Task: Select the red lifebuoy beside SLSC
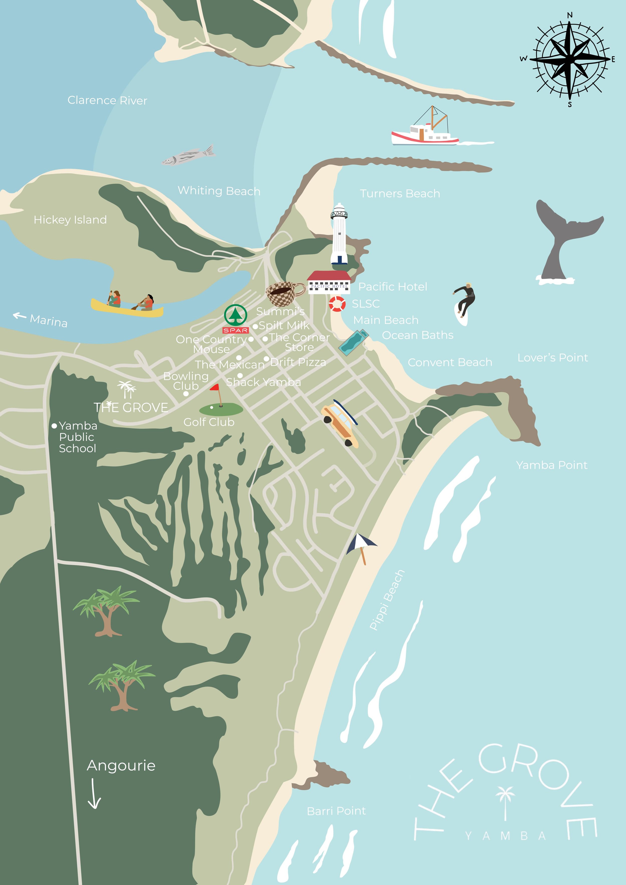click(x=337, y=304)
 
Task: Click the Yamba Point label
click(x=552, y=465)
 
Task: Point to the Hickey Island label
click(x=70, y=220)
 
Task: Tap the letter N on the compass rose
click(x=570, y=15)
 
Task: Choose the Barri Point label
click(x=336, y=811)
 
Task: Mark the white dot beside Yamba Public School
click(x=54, y=426)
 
